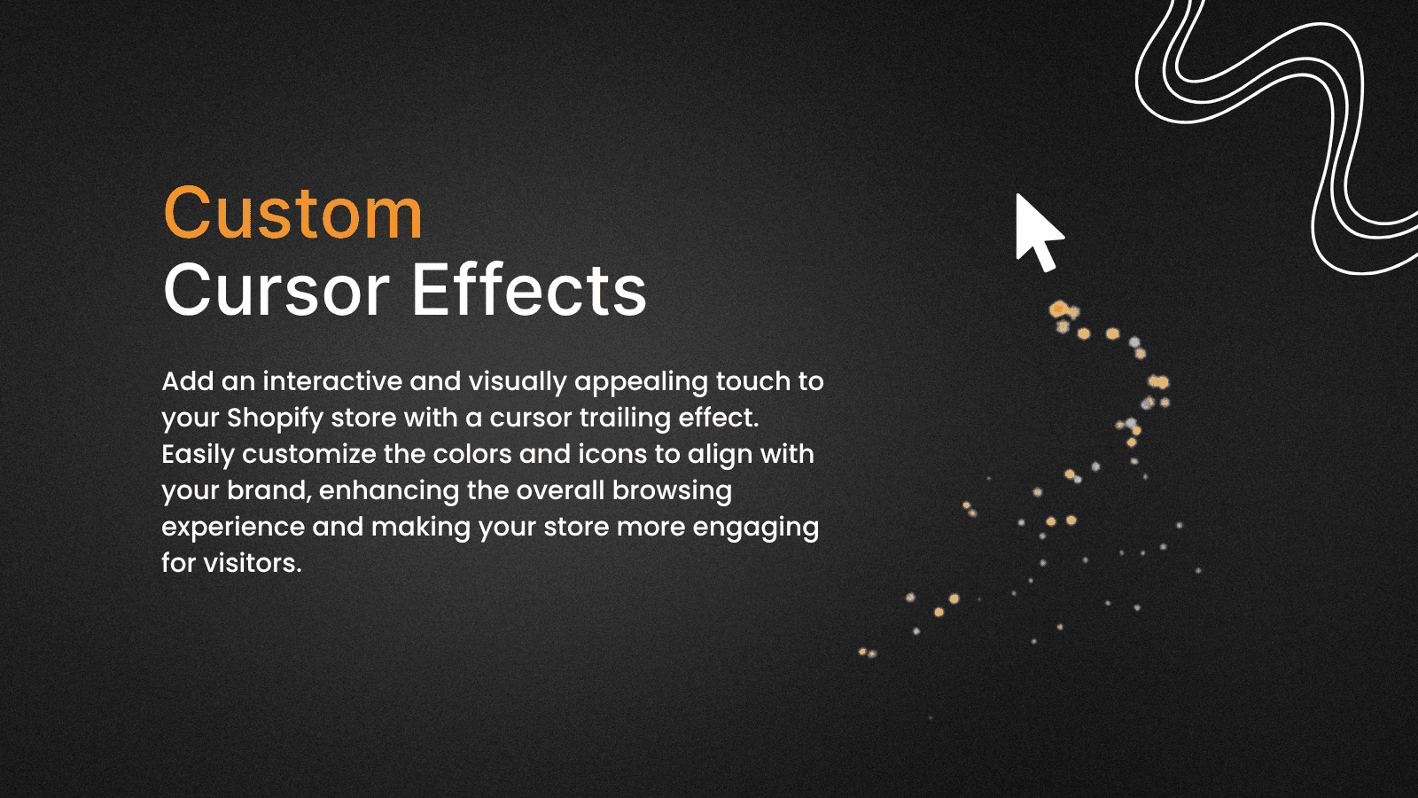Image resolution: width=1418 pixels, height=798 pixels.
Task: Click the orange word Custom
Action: (x=292, y=214)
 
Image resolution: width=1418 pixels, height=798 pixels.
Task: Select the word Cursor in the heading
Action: (x=276, y=290)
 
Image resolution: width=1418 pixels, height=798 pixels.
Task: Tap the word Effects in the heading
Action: (x=529, y=290)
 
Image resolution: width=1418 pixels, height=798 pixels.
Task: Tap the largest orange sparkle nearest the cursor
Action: (x=1058, y=309)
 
